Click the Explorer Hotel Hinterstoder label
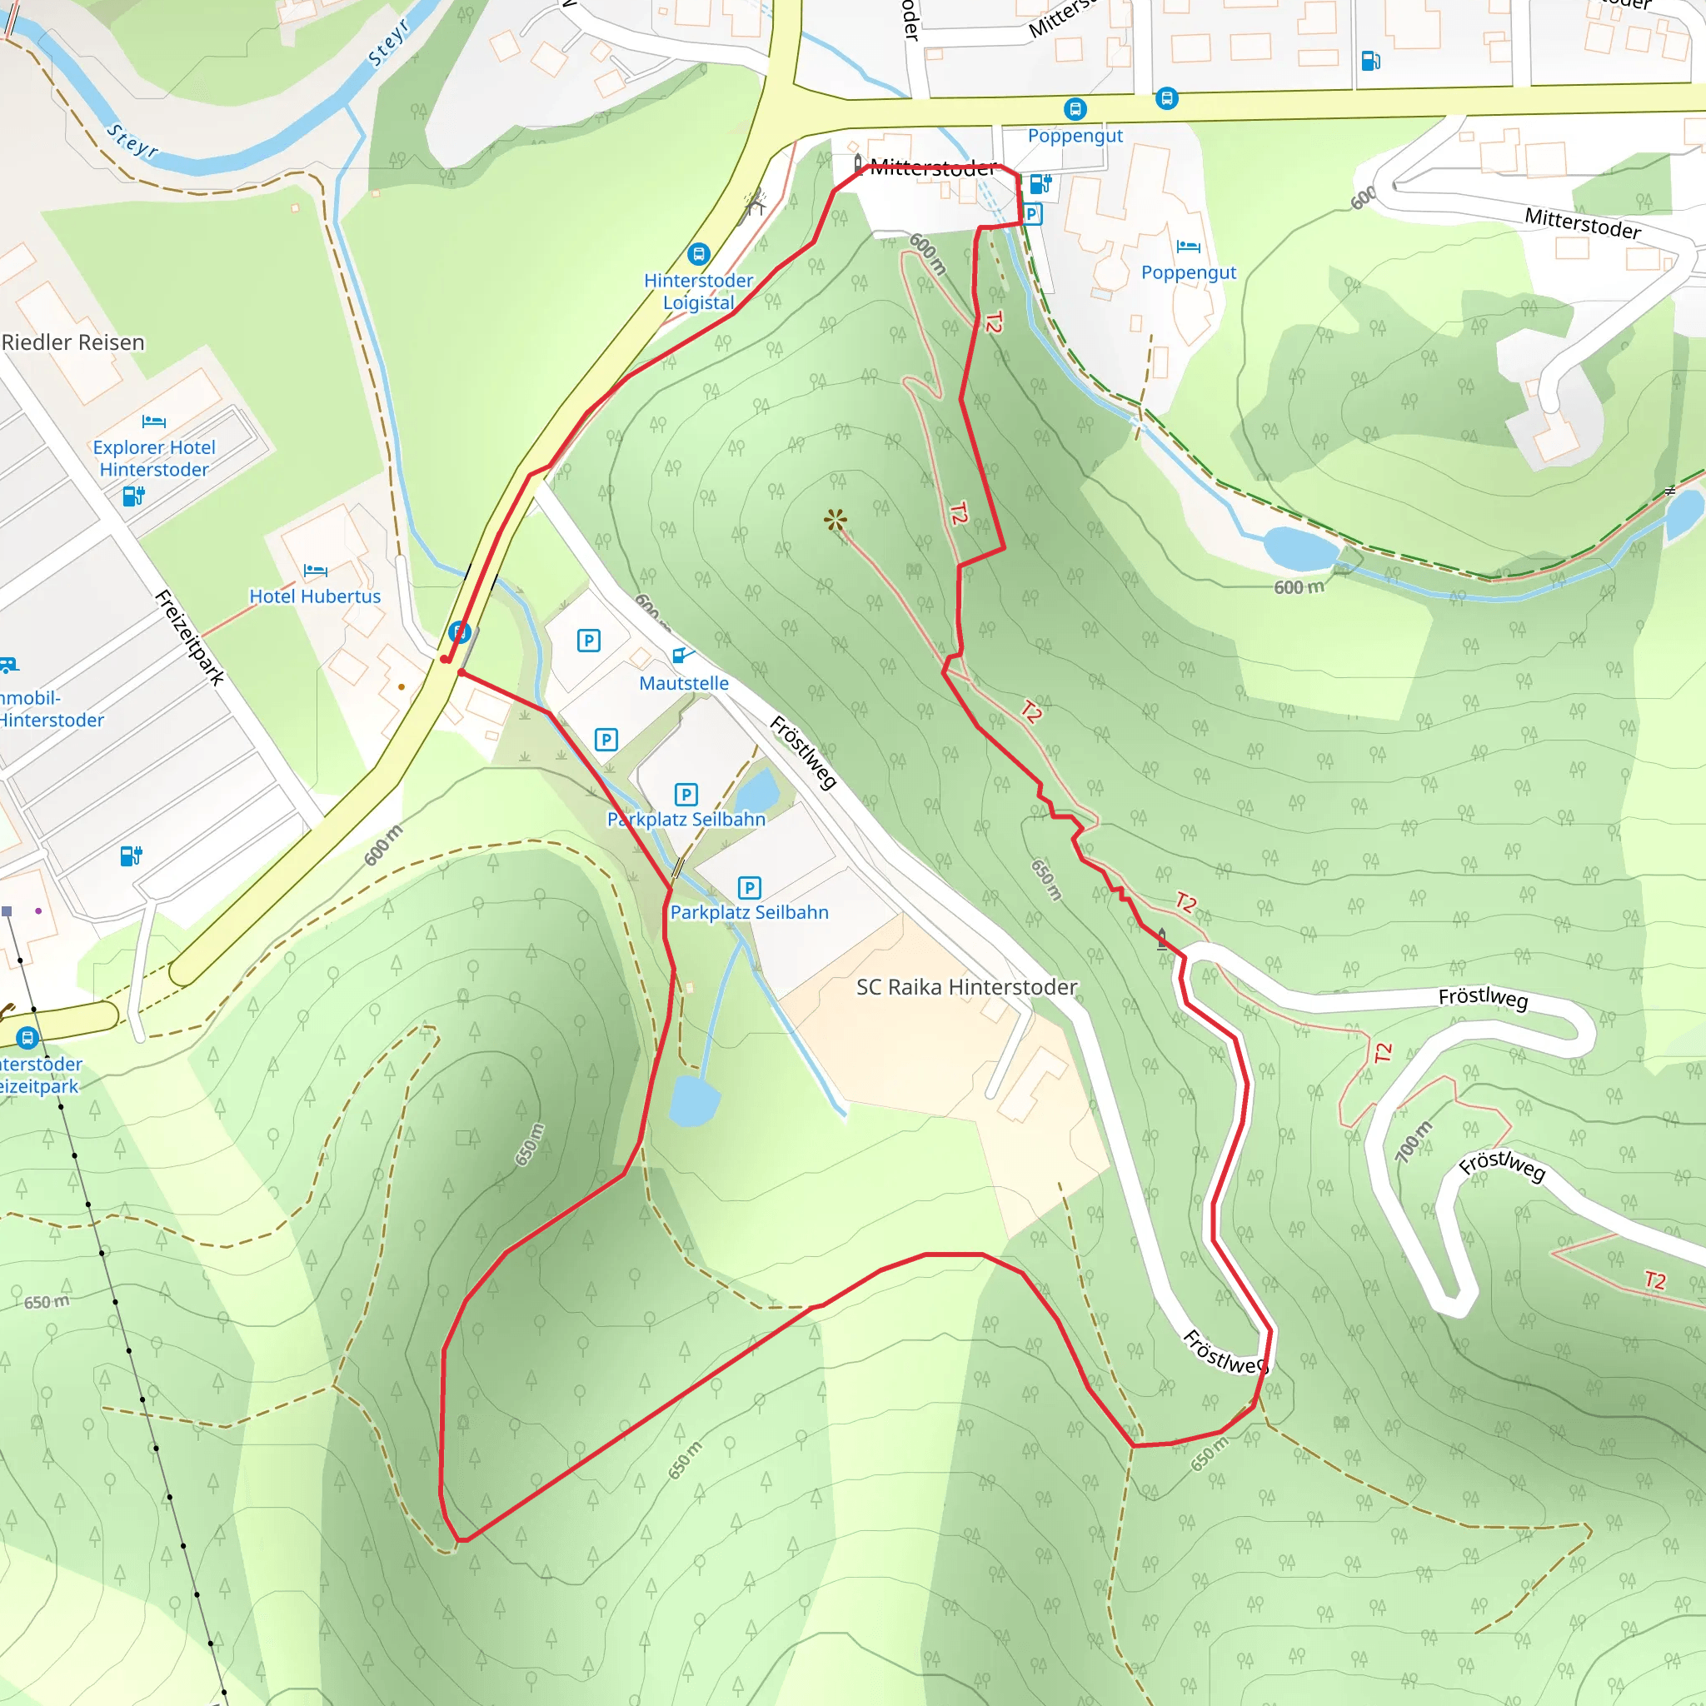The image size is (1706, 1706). click(x=155, y=458)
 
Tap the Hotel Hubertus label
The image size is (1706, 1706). click(x=315, y=596)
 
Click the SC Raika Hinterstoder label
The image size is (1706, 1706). click(x=967, y=987)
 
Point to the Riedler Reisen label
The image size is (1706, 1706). click(x=73, y=342)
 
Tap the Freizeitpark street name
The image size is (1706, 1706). click(x=190, y=637)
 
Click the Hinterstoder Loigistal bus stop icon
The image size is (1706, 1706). click(x=698, y=254)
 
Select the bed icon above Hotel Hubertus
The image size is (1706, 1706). click(x=315, y=571)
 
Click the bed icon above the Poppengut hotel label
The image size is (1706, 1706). click(x=1189, y=247)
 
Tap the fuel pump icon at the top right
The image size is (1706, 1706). click(x=1370, y=60)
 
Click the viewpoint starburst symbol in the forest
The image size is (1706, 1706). click(x=836, y=519)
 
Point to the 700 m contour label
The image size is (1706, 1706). click(x=1413, y=1141)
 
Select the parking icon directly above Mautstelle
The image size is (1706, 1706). click(x=589, y=641)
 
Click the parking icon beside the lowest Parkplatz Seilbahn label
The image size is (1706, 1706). click(x=749, y=887)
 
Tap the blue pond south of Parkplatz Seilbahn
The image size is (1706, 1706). click(x=694, y=1100)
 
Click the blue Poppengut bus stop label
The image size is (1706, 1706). click(x=1075, y=135)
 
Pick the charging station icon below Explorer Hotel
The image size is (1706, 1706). click(x=133, y=496)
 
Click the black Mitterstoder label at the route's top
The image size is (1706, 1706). click(x=933, y=167)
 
